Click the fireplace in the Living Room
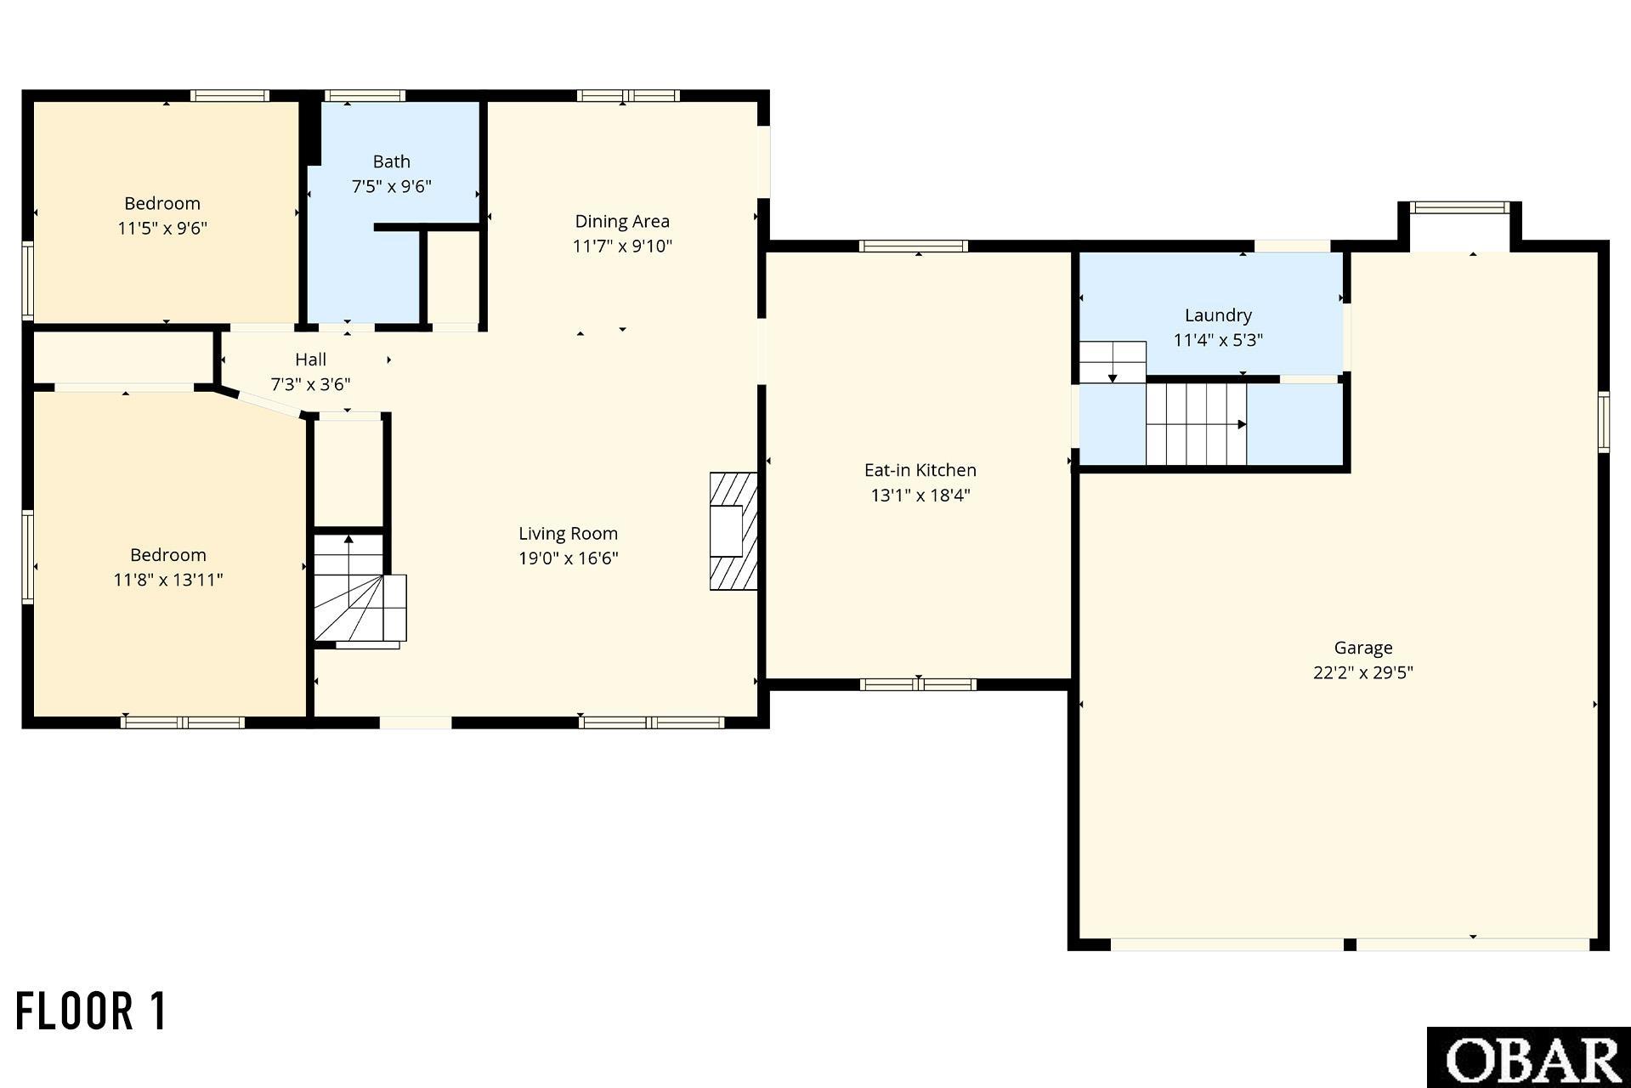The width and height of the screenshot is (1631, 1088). click(733, 531)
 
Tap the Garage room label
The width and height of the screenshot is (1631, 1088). click(1362, 648)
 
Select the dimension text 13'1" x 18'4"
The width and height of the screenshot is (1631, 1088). click(920, 495)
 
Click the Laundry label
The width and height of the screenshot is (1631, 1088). click(1218, 315)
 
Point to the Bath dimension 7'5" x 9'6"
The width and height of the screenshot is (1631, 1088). click(392, 186)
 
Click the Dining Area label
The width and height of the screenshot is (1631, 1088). click(622, 222)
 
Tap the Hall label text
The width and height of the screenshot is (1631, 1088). click(311, 360)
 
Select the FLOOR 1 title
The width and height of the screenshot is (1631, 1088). click(92, 1011)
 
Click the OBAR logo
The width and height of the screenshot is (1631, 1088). click(1528, 1057)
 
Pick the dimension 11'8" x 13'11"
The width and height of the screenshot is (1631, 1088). click(168, 580)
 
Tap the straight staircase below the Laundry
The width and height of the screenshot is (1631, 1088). click(1197, 424)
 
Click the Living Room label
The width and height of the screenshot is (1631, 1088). click(568, 534)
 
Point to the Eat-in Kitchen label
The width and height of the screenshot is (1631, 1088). click(920, 470)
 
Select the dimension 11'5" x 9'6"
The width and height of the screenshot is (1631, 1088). click(162, 228)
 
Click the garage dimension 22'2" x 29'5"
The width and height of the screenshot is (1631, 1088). click(1362, 672)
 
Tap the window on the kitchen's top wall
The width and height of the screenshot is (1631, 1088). click(914, 246)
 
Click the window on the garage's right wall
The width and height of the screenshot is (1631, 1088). click(1604, 421)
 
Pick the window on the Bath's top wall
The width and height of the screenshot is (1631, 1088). click(365, 95)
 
